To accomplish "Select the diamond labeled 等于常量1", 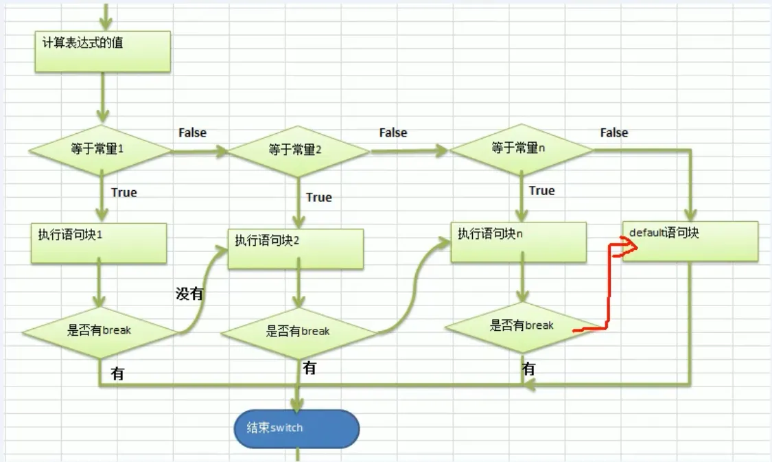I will click(x=100, y=149).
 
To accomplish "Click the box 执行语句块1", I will click(x=99, y=243).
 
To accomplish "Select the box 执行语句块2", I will click(x=296, y=249).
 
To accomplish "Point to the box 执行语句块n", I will click(x=518, y=241).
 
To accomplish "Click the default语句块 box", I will click(x=690, y=240).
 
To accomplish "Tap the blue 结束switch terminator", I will click(x=296, y=428).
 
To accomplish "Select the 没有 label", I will click(x=190, y=294).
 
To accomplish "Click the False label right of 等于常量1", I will click(x=192, y=132).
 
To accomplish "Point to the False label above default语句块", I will click(x=613, y=132).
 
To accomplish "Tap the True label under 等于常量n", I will click(x=541, y=191).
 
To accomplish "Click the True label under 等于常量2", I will click(x=318, y=198).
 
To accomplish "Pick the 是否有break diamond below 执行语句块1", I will click(x=100, y=331).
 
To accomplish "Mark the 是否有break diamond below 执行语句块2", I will click(x=298, y=332).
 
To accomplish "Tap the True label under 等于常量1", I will click(x=124, y=193).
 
